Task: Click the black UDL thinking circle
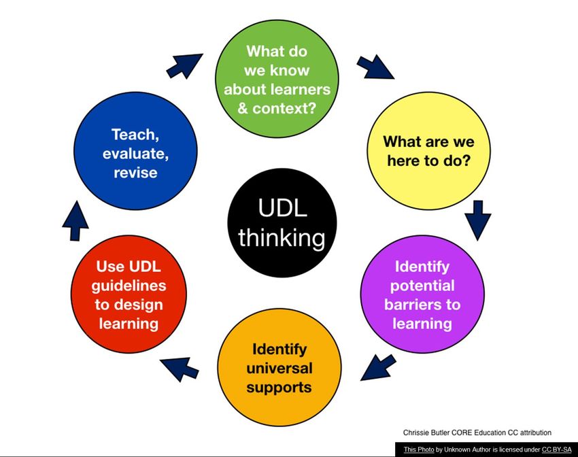(x=282, y=222)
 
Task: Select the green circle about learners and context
(x=277, y=79)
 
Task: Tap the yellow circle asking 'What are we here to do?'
(x=428, y=151)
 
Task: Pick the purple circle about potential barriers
(x=422, y=294)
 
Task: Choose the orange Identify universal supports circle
(x=279, y=367)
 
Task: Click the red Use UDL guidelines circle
(x=129, y=294)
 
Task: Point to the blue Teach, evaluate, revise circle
(x=135, y=151)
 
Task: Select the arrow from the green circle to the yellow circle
(x=375, y=67)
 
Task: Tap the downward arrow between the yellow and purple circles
(x=478, y=220)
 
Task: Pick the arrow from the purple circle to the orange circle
(x=378, y=367)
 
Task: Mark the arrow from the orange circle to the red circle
(x=179, y=369)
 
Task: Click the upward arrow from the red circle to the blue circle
(x=75, y=221)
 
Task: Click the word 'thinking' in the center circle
(x=282, y=238)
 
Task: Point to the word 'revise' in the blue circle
(x=135, y=173)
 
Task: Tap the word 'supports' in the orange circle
(x=279, y=388)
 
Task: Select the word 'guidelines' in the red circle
(x=129, y=286)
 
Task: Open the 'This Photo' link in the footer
(x=419, y=450)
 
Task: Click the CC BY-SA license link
(x=557, y=450)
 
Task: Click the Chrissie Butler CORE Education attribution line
(x=477, y=433)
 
